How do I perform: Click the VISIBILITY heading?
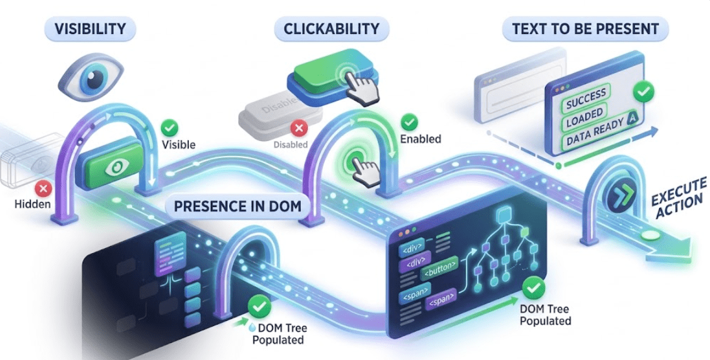(89, 28)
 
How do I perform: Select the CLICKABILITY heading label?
(331, 28)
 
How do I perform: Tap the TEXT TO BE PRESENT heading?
(585, 29)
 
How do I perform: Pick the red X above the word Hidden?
(43, 188)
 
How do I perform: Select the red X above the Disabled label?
(299, 129)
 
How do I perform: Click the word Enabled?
(420, 138)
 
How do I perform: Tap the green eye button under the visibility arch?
(116, 166)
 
